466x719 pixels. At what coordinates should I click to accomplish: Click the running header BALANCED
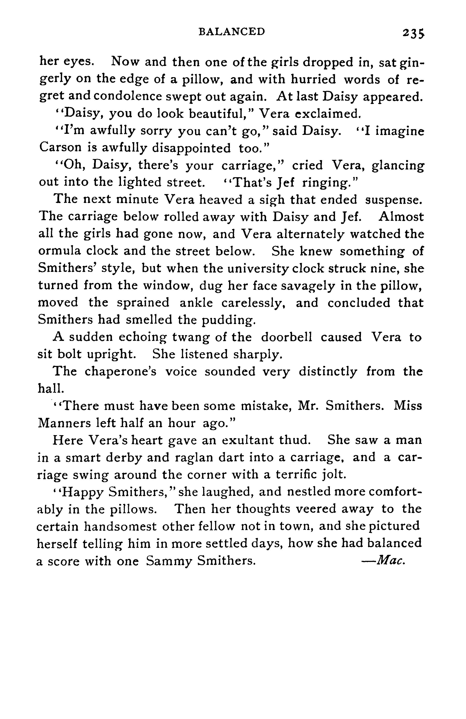pyautogui.click(x=231, y=31)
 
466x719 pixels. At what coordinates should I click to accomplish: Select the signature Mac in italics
pyautogui.click(x=390, y=561)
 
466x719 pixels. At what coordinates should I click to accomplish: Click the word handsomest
pyautogui.click(x=120, y=527)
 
